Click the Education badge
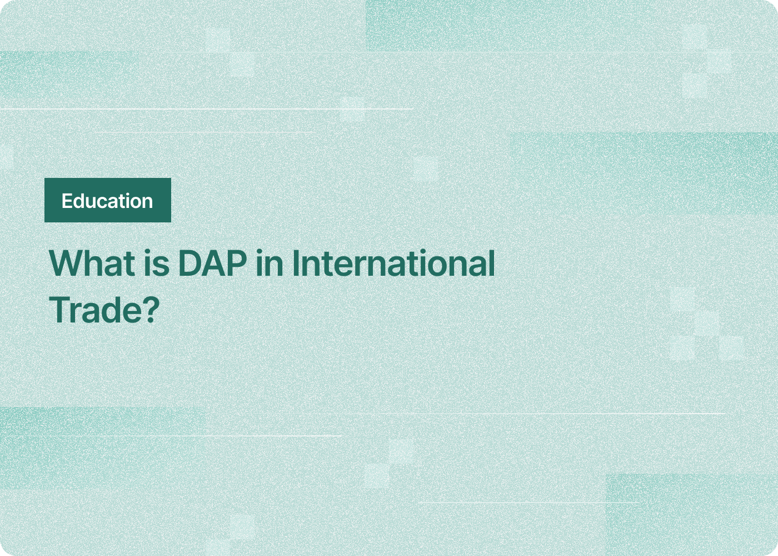click(x=107, y=200)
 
